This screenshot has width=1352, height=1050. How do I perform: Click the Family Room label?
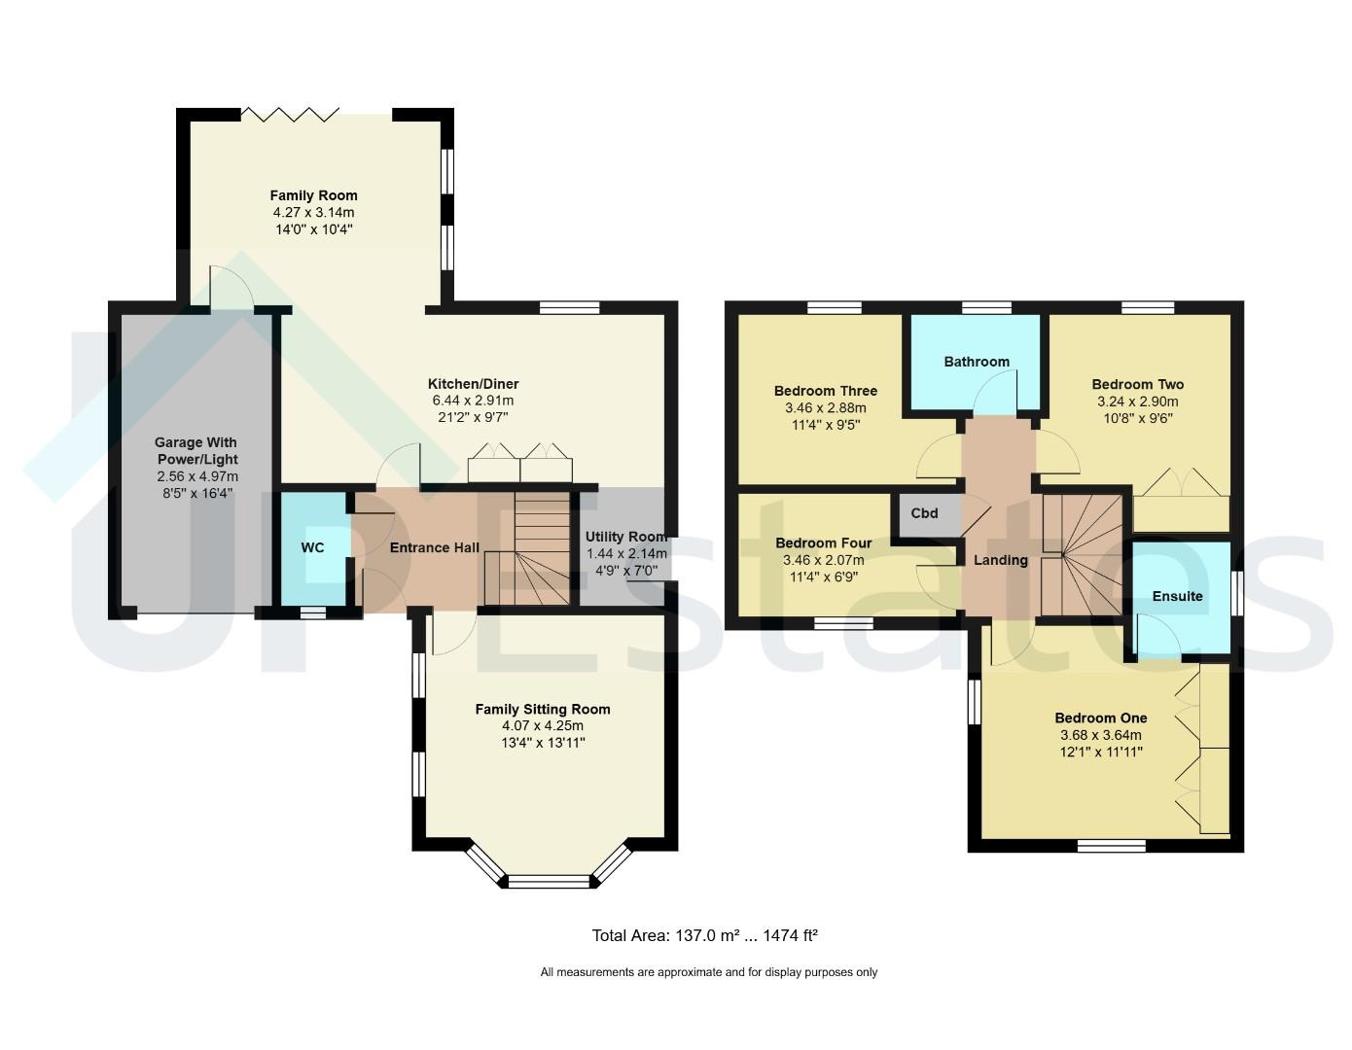[x=313, y=195]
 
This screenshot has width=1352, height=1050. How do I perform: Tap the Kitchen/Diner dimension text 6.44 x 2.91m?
[x=473, y=401]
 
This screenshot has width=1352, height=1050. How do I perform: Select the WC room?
[x=313, y=547]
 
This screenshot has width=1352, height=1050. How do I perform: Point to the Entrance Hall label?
[x=434, y=547]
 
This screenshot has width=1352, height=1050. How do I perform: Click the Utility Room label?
[x=626, y=537]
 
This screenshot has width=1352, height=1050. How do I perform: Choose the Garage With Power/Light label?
[x=196, y=451]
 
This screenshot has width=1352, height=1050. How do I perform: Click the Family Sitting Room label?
[x=543, y=710]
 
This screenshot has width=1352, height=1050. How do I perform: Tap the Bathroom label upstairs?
[x=977, y=362]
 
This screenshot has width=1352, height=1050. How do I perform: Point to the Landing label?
[x=1001, y=560]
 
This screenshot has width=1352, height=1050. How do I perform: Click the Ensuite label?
[x=1177, y=596]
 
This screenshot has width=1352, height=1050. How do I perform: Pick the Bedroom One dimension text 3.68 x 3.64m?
[x=1101, y=735]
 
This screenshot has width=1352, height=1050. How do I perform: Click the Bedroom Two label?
[x=1138, y=384]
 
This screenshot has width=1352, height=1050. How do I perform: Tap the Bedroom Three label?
[x=826, y=391]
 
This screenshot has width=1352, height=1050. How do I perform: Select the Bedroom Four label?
[x=824, y=543]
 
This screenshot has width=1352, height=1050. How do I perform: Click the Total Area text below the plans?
[x=704, y=935]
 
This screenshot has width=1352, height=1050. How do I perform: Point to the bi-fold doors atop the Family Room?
[x=290, y=115]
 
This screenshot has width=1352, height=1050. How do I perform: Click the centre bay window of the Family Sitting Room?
[x=549, y=881]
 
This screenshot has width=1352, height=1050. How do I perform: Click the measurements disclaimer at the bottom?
[x=709, y=972]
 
